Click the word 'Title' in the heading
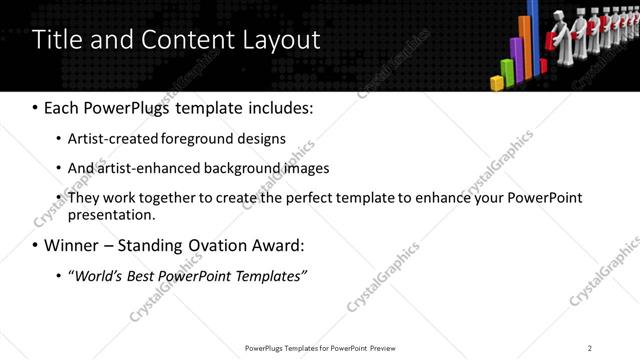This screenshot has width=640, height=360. point(58,40)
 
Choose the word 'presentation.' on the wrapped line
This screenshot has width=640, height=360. point(112,215)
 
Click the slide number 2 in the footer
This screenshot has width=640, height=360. point(590,347)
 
